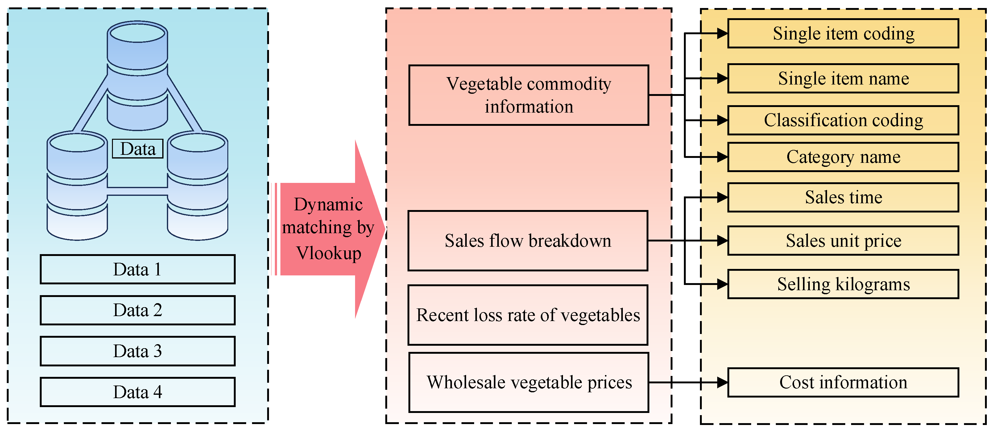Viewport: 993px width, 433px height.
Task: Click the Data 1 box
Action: point(137,269)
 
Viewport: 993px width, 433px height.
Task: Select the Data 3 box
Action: point(137,351)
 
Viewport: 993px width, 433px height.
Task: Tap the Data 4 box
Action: point(137,392)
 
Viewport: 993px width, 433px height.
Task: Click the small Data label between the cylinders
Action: point(138,149)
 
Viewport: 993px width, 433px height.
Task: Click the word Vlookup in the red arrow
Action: point(329,253)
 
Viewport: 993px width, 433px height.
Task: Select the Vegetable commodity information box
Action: point(528,95)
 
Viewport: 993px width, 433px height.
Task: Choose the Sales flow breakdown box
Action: point(528,241)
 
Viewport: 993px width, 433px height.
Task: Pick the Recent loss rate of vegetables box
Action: point(528,315)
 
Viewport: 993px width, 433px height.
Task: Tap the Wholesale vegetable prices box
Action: point(528,382)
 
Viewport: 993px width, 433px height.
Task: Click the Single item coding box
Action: point(843,34)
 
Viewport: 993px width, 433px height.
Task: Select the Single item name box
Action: point(843,79)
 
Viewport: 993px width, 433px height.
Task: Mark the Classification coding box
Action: point(843,120)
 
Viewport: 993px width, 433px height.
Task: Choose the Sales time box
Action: point(843,198)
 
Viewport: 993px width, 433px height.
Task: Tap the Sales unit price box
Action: point(843,241)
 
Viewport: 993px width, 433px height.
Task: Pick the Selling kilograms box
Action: point(843,284)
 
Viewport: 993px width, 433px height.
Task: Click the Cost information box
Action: point(843,382)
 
